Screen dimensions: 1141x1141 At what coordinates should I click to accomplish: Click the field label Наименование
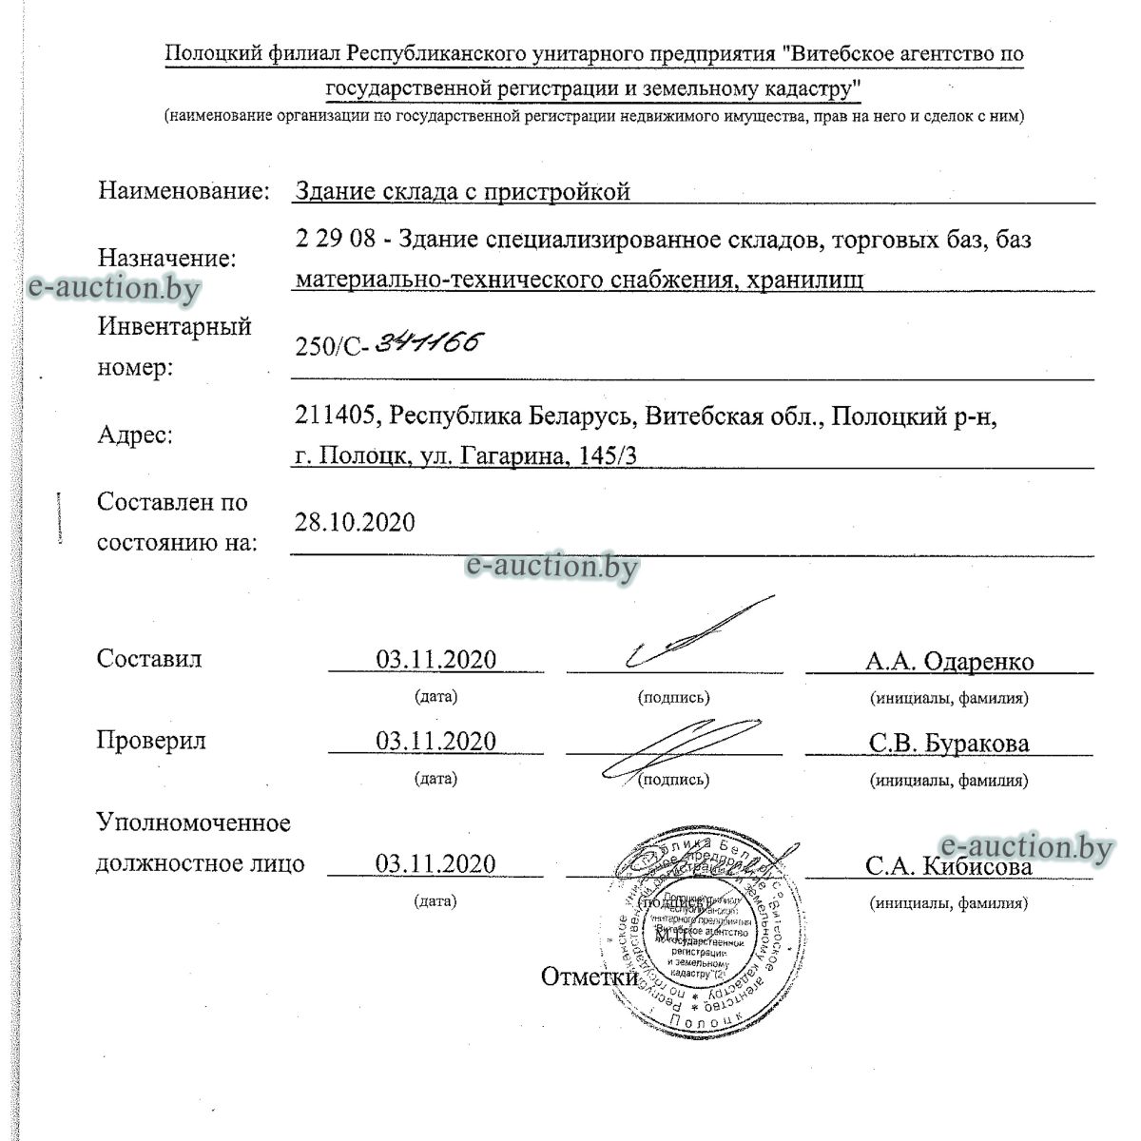[x=184, y=190]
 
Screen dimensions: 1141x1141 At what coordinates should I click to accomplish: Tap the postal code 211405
[x=338, y=416]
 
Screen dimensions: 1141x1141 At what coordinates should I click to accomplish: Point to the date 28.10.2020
[x=355, y=522]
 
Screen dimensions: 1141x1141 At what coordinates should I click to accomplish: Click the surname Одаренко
[x=978, y=662]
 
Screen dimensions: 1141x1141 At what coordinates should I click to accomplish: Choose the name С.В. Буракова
[x=948, y=744]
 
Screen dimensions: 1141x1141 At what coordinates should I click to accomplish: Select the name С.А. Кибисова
[x=948, y=866]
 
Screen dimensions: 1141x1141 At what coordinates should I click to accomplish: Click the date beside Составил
[x=435, y=660]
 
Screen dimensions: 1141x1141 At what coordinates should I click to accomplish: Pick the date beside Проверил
[x=435, y=742]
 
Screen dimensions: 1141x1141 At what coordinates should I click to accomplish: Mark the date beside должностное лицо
[x=435, y=863]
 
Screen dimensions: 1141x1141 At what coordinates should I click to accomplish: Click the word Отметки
[x=589, y=977]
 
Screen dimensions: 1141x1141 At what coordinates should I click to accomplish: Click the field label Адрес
[x=135, y=435]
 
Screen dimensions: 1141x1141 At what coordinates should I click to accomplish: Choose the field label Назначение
[x=167, y=258]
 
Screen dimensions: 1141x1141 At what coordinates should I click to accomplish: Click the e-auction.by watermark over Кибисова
[x=1025, y=845]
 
